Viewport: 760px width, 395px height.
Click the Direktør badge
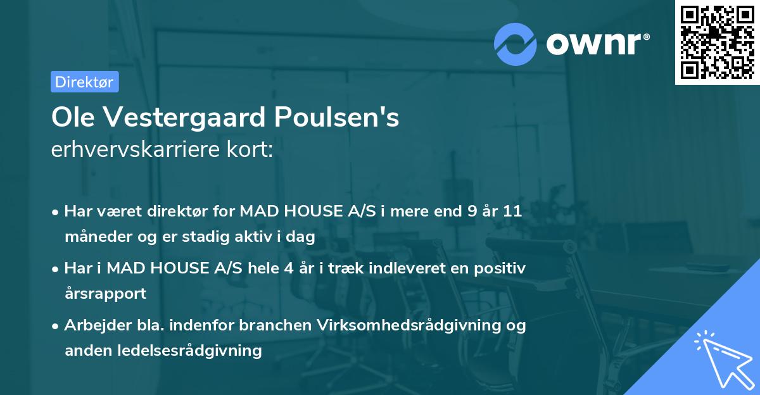click(84, 82)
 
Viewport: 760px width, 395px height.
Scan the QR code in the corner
click(717, 42)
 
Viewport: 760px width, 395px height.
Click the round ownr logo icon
click(516, 44)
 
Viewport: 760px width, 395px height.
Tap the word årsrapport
click(105, 294)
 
